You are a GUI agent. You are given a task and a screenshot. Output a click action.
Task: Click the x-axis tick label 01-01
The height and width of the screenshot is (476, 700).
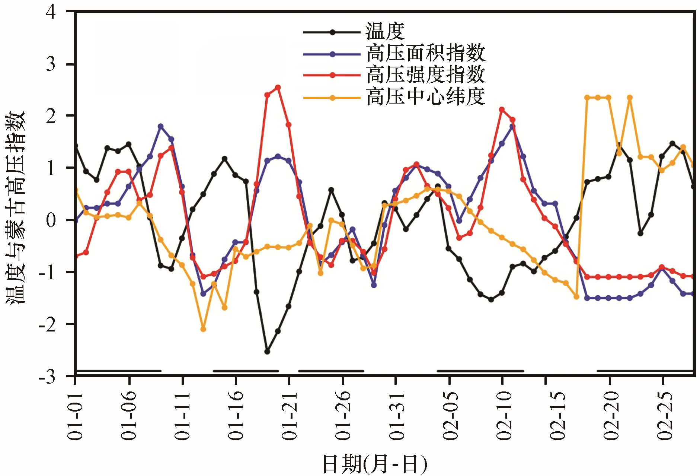(76, 416)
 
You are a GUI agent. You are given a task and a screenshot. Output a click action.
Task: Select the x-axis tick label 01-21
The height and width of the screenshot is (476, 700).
(290, 416)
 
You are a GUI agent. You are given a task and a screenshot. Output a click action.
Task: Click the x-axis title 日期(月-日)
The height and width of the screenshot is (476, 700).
(374, 464)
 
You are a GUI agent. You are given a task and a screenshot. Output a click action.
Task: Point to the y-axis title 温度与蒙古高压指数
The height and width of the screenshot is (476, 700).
(16, 207)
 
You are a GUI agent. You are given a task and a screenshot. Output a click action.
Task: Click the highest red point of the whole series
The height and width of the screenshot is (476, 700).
(278, 88)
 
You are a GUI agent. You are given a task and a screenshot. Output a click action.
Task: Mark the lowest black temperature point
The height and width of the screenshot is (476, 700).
(267, 352)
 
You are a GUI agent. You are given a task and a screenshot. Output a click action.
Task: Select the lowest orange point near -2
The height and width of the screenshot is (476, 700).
(203, 329)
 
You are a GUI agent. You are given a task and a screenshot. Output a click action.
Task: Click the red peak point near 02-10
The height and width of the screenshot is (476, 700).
(502, 110)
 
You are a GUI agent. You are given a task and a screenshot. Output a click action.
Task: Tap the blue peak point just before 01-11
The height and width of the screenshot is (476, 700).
(160, 126)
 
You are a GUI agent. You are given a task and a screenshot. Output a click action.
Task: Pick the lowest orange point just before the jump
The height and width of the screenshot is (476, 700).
(576, 297)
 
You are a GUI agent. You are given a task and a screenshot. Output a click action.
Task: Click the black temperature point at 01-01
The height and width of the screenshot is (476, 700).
(76, 146)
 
